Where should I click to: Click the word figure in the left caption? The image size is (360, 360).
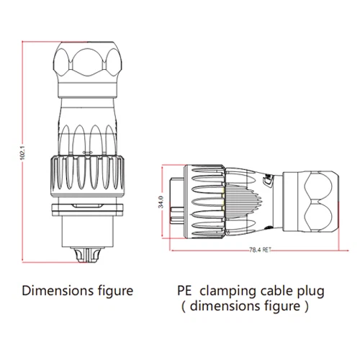[112, 292]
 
